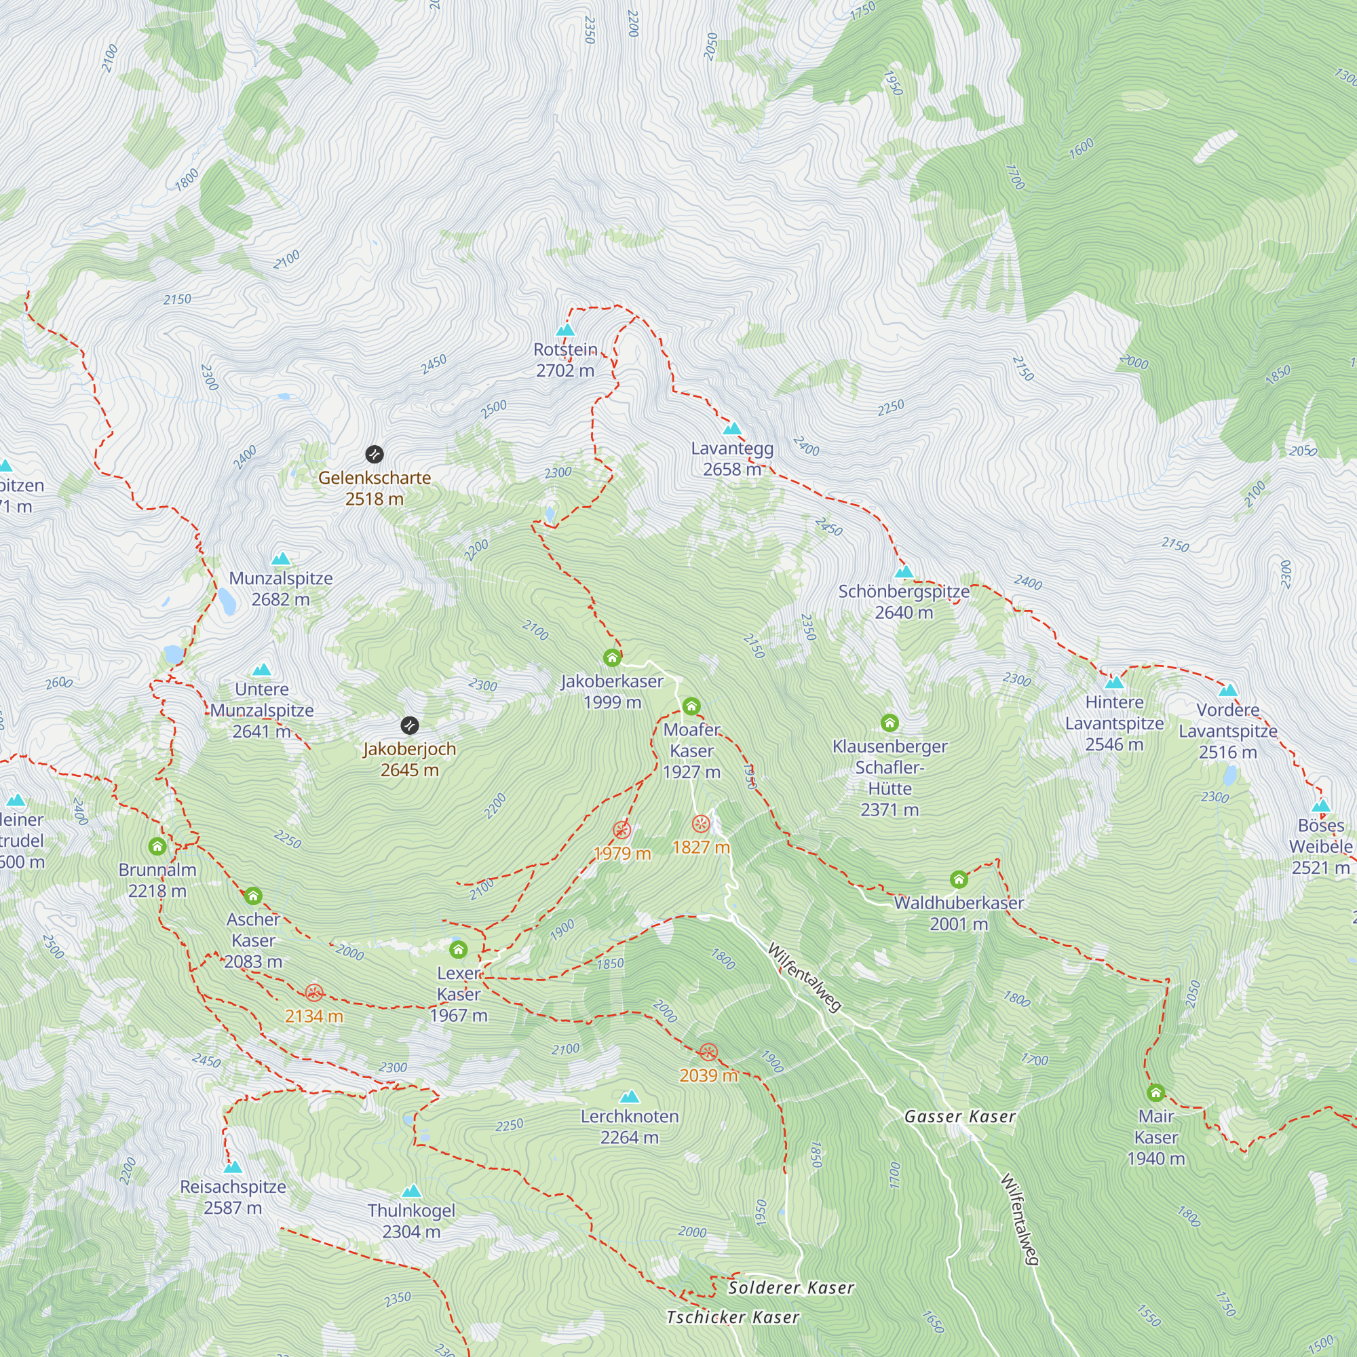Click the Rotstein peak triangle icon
point(565,330)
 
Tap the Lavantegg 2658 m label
point(732,459)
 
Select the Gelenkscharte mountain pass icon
point(375,455)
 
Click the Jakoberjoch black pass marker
point(410,725)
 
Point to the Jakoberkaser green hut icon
point(612,657)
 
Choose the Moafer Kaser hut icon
point(691,706)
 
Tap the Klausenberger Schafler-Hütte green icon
point(890,722)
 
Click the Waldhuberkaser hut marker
point(959,879)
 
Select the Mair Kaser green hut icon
point(1155,1092)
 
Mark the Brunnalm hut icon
point(157,845)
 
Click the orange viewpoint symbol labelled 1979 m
point(622,830)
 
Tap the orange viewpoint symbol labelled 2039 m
point(708,1052)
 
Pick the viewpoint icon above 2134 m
point(314,993)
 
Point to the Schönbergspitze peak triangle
point(904,572)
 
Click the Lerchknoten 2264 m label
point(630,1126)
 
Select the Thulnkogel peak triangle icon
point(412,1191)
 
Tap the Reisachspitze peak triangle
point(233,1167)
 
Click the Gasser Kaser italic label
point(959,1117)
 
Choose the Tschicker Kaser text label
point(732,1318)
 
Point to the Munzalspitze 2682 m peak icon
point(281,559)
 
